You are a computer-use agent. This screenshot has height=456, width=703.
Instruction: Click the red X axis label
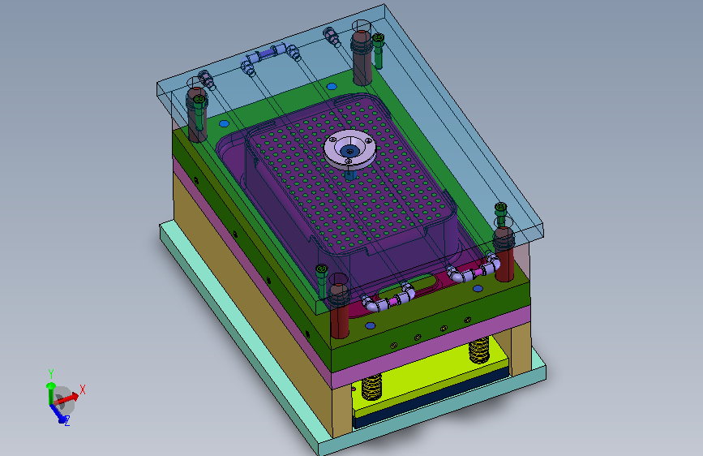(x=83, y=389)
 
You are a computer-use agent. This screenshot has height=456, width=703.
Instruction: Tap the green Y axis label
(x=50, y=374)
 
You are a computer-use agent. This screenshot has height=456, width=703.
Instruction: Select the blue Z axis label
(x=66, y=421)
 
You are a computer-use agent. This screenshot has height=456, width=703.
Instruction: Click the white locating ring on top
(x=349, y=149)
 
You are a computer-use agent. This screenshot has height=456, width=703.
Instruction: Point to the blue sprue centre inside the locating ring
(x=349, y=151)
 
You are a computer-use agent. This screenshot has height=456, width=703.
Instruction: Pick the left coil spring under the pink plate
(x=371, y=387)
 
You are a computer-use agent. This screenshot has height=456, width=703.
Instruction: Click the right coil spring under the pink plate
(x=479, y=349)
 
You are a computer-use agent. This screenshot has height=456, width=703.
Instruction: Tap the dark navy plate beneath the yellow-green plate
(x=431, y=399)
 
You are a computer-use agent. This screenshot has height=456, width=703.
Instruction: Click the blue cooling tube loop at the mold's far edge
(x=271, y=55)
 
